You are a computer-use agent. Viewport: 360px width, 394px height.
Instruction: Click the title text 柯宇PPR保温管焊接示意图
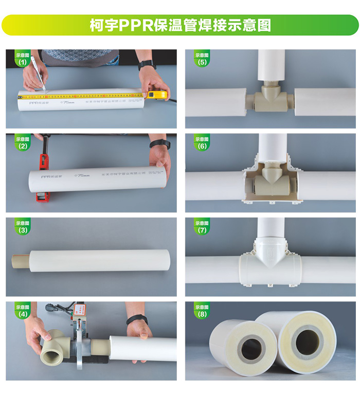click(180, 25)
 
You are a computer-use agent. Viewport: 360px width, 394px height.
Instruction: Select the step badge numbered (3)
click(22, 227)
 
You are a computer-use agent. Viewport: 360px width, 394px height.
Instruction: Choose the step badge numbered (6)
click(202, 143)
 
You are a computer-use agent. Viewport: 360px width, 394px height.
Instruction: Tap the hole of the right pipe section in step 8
click(307, 341)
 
